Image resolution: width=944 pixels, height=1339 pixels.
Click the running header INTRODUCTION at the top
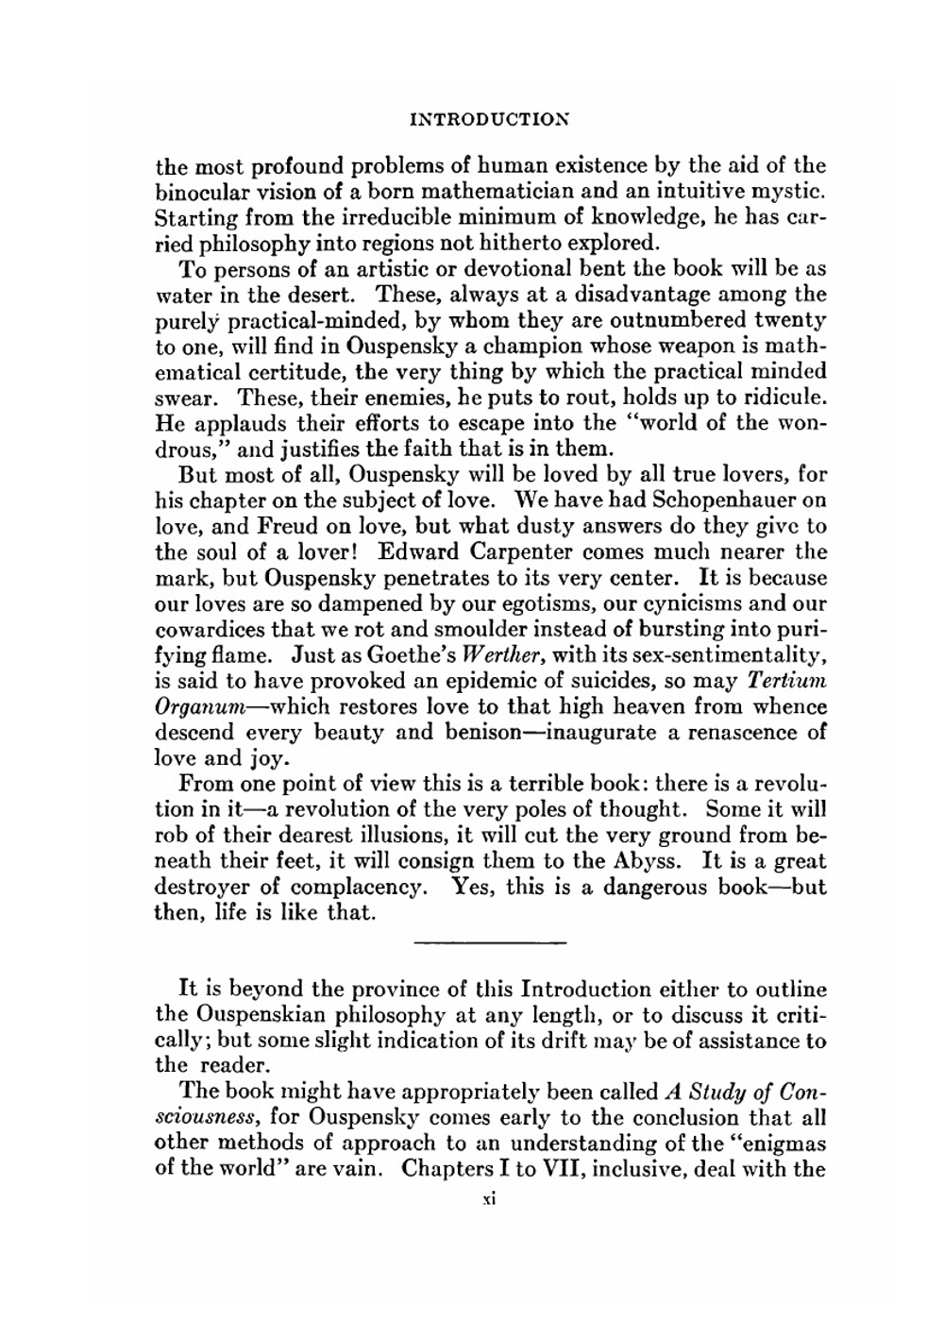click(490, 121)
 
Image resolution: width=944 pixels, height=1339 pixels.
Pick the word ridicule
click(784, 397)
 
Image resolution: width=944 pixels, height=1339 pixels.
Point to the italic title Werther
click(505, 654)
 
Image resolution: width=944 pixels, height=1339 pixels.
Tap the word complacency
click(362, 888)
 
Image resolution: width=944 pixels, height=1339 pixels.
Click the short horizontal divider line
click(489, 941)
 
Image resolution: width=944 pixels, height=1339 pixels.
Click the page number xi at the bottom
click(489, 1198)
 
